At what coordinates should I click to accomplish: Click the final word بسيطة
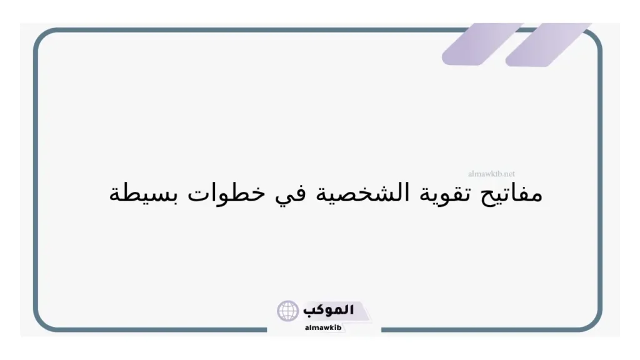(x=141, y=194)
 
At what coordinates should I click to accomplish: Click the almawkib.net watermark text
(x=491, y=175)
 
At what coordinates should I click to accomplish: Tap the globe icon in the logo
(x=288, y=311)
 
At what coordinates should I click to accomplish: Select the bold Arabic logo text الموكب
(x=328, y=310)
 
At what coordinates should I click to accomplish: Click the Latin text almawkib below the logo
(x=323, y=327)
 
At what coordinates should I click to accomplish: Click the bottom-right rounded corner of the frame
(x=594, y=322)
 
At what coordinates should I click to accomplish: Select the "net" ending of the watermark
(x=509, y=175)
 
